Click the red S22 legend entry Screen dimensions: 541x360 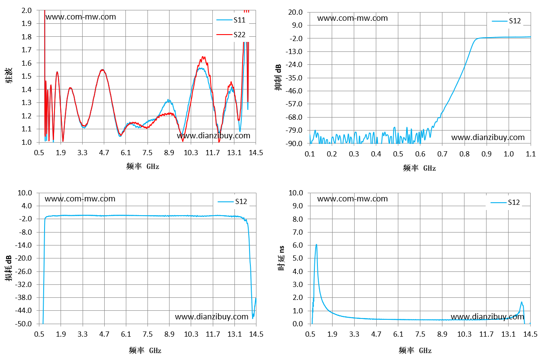pos(231,35)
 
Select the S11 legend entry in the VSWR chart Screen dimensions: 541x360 pos(231,20)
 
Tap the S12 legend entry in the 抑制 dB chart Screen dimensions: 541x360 pos(506,21)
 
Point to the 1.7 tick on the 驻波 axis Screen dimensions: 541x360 pos(26,50)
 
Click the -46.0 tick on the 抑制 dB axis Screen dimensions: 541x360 pos(294,91)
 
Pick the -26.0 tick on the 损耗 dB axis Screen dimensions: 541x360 pos(23,271)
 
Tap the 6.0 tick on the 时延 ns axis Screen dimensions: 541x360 pos(298,245)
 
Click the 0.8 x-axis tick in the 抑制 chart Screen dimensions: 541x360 pos(464,154)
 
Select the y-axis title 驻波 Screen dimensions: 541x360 pos(9,76)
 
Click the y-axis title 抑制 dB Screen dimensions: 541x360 pos(278,77)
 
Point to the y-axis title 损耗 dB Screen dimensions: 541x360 pos(9,268)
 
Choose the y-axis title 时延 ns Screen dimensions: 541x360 pos(281,258)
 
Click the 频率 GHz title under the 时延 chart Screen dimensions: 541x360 pos(415,350)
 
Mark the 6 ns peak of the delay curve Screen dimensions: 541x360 pos(316,245)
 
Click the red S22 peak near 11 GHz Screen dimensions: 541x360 pos(203,57)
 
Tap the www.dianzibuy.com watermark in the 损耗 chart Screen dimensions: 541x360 pos(211,317)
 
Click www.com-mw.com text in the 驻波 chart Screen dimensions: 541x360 pos(81,17)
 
